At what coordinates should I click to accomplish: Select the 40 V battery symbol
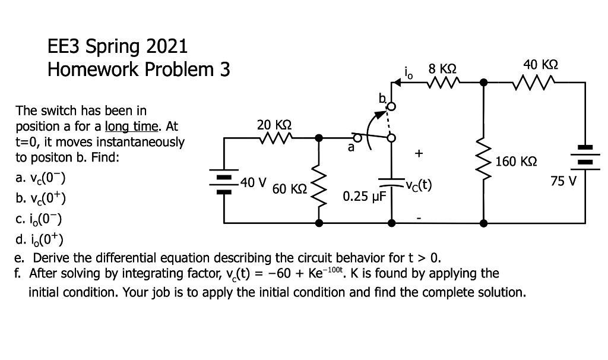(223, 181)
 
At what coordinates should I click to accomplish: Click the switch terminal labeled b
(391, 107)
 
